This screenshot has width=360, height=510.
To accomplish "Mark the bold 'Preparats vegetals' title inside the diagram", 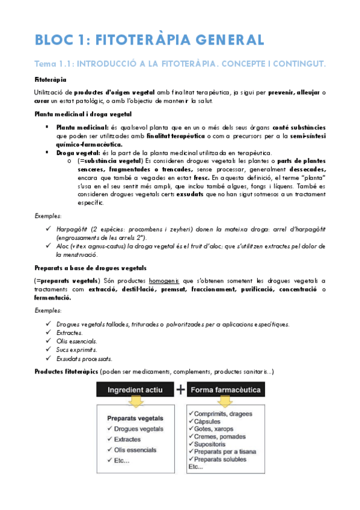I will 132,418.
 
